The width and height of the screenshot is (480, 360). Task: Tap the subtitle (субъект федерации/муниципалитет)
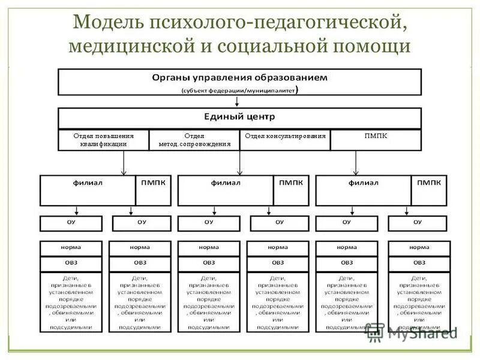239,90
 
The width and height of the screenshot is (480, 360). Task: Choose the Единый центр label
239,116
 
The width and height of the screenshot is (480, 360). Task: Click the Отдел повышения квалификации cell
103,139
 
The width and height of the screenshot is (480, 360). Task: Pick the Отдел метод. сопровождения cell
194,139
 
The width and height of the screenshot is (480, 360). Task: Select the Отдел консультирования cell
286,136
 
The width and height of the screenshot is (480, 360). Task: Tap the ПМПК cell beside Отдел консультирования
376,136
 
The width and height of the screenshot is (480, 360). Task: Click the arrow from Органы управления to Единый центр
238,101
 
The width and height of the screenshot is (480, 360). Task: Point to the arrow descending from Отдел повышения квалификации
124,162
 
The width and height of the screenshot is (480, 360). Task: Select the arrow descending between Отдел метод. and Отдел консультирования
240,162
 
